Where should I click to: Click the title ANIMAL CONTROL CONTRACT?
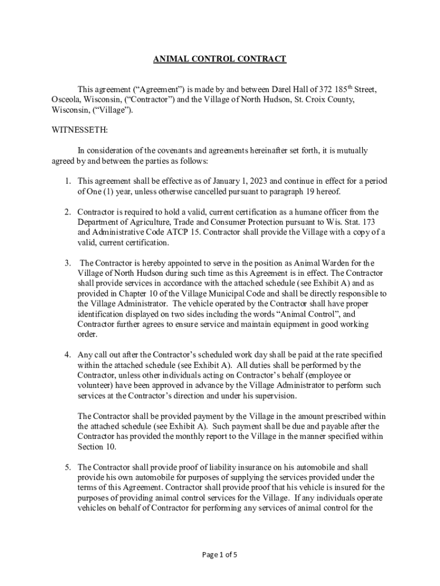(x=219, y=59)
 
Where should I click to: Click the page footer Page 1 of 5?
(x=219, y=555)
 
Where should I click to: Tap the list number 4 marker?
(x=67, y=355)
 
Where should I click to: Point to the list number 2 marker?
(x=67, y=212)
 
